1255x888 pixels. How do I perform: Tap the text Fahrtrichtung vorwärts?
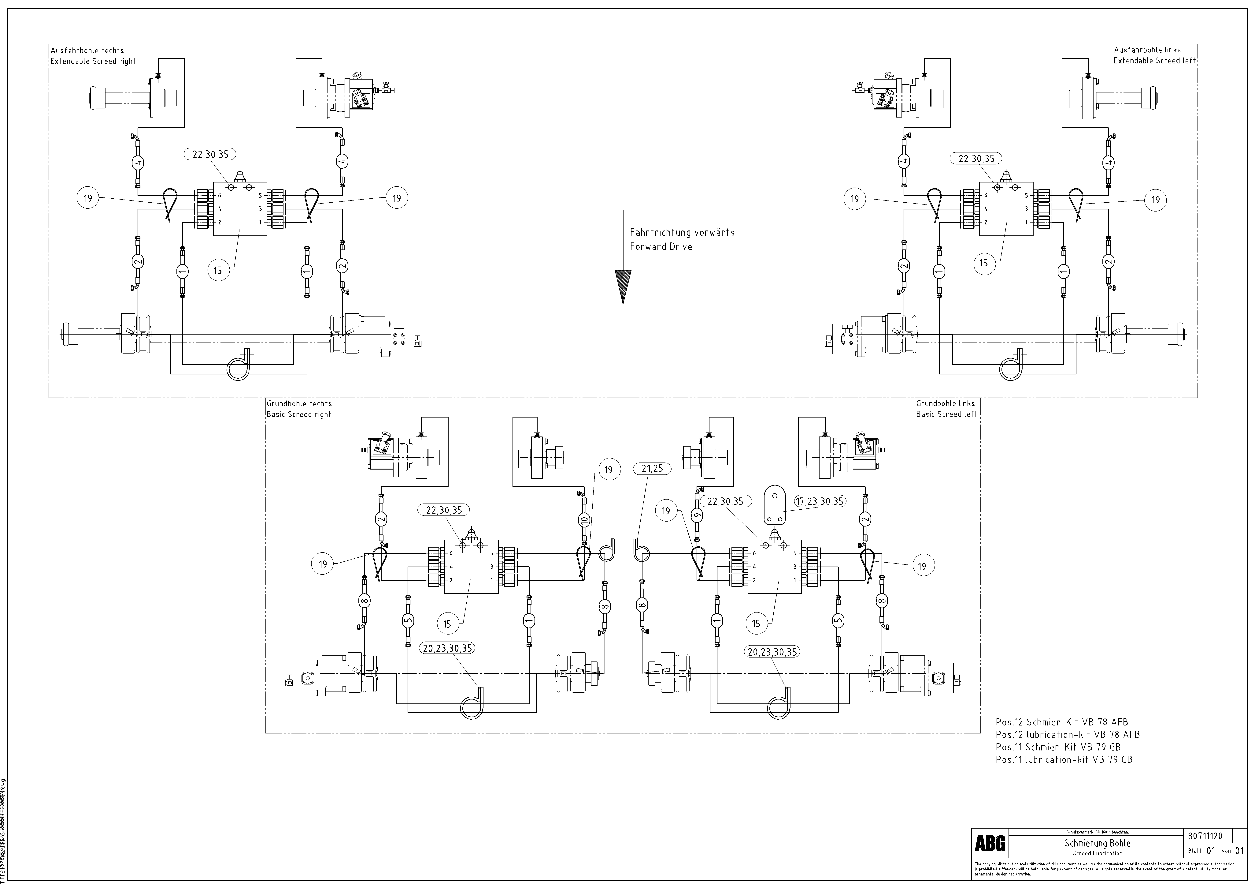[682, 232]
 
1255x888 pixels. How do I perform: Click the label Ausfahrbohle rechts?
[87, 50]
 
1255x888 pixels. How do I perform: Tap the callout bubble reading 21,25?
[652, 469]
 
